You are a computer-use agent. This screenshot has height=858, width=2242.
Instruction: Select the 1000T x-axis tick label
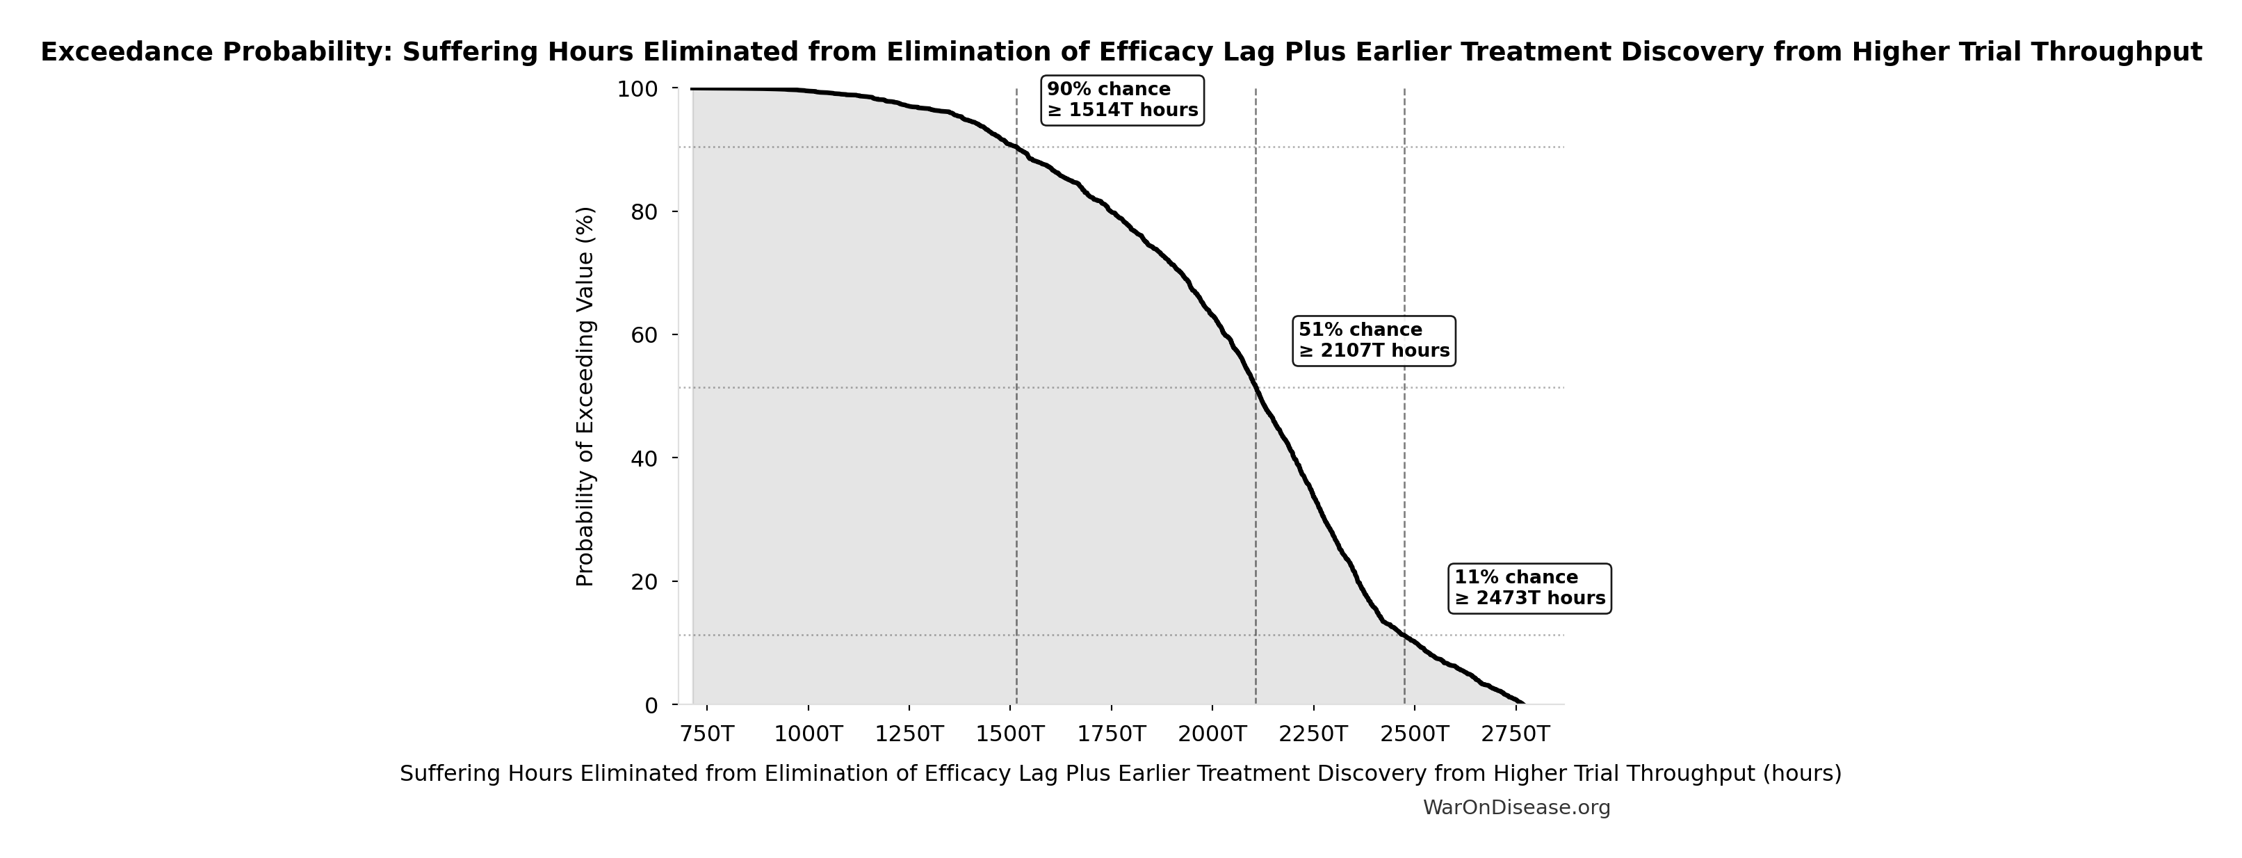pos(808,734)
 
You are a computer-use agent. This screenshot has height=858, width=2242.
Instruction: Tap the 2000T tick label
pos(1212,734)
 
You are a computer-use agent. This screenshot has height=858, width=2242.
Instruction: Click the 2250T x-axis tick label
pos(1313,734)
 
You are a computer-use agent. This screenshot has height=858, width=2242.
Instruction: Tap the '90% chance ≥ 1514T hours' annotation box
pos(1122,100)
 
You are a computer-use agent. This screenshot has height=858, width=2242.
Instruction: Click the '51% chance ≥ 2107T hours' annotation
pos(1374,340)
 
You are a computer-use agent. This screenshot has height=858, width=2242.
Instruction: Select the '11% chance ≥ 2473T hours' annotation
pos(1529,588)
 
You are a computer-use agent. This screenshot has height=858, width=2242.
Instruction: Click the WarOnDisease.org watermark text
pos(1516,807)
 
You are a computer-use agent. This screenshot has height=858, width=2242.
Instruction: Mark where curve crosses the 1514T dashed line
pos(1016,148)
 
